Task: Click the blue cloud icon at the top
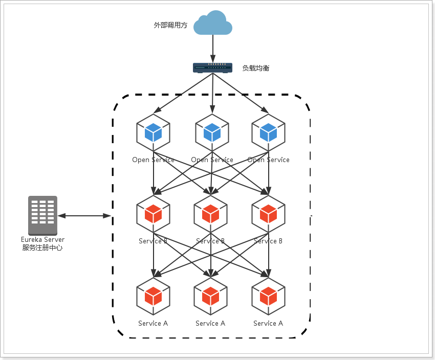pos(212,23)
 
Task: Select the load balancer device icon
pos(212,67)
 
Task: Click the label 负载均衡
pos(256,67)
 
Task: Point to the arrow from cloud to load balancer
pos(212,49)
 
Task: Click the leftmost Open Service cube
pos(153,132)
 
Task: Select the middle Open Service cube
pos(212,132)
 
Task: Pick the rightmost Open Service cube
pos(268,132)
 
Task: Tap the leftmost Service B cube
pos(153,213)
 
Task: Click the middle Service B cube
pos(210,213)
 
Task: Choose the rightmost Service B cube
pos(268,213)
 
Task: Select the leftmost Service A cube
pos(153,295)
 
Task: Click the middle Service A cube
pos(210,295)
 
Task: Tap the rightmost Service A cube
pos(268,295)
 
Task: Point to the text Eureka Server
pos(42,239)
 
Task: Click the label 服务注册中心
pos(42,247)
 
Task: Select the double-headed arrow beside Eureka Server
pos(84,216)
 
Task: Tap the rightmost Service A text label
pos(268,323)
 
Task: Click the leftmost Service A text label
pos(153,323)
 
